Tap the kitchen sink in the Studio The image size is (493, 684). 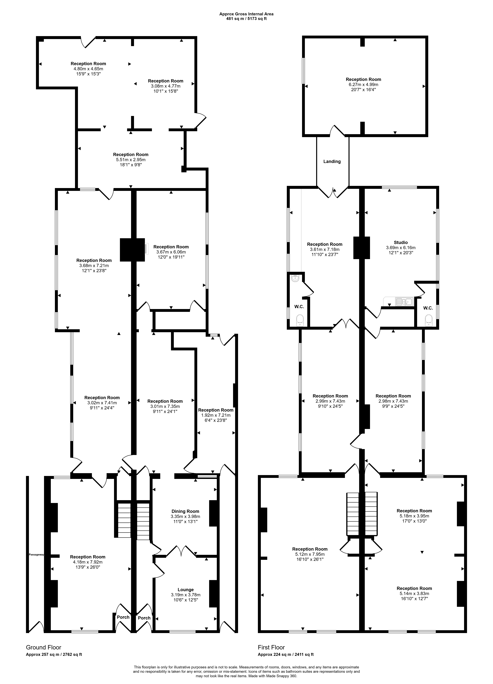[404, 301]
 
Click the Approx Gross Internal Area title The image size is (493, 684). [246, 14]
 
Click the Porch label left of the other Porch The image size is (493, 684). [123, 617]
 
